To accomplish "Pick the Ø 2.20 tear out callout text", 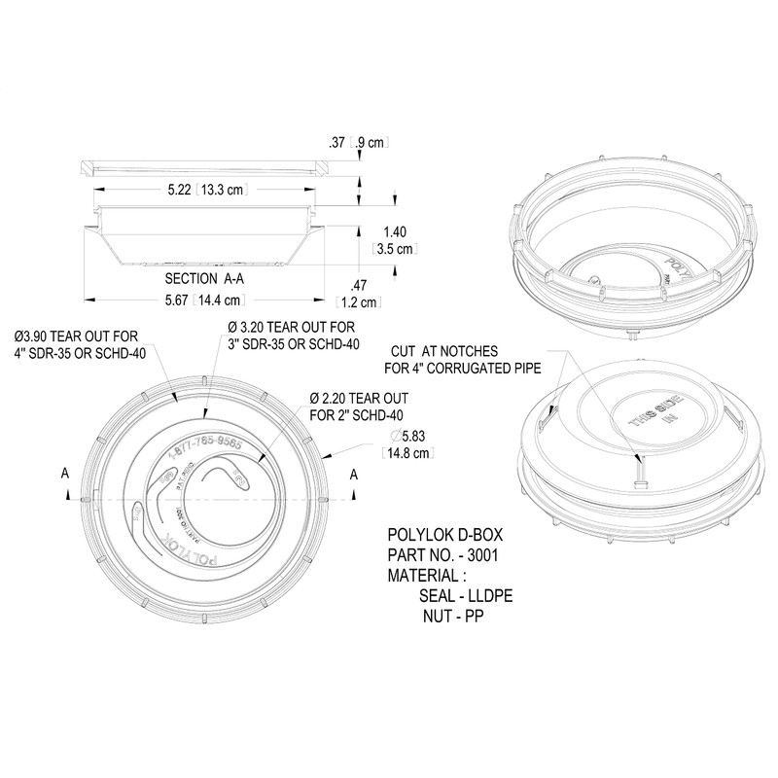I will click(357, 407).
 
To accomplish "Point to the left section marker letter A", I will click(65, 474).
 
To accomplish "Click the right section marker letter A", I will click(354, 474).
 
